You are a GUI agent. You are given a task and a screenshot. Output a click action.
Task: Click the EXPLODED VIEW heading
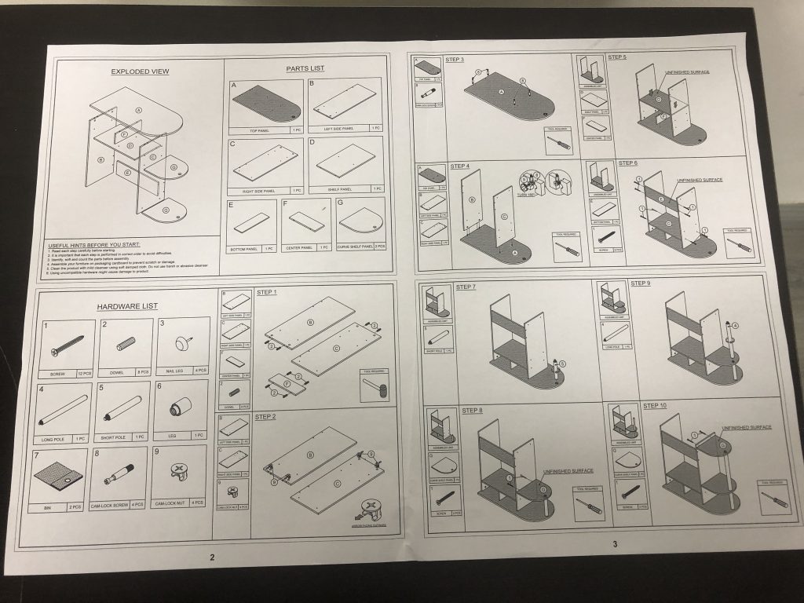click(x=140, y=71)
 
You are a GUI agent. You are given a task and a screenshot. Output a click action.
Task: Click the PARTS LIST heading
click(x=305, y=68)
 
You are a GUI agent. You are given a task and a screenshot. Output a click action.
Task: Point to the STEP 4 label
click(x=459, y=166)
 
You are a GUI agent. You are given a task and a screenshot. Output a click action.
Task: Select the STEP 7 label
click(x=465, y=287)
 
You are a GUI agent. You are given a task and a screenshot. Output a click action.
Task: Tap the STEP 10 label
click(x=655, y=406)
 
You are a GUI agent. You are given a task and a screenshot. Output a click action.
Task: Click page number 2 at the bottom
click(x=211, y=557)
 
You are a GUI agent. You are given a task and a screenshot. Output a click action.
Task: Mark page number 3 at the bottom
click(x=615, y=543)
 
